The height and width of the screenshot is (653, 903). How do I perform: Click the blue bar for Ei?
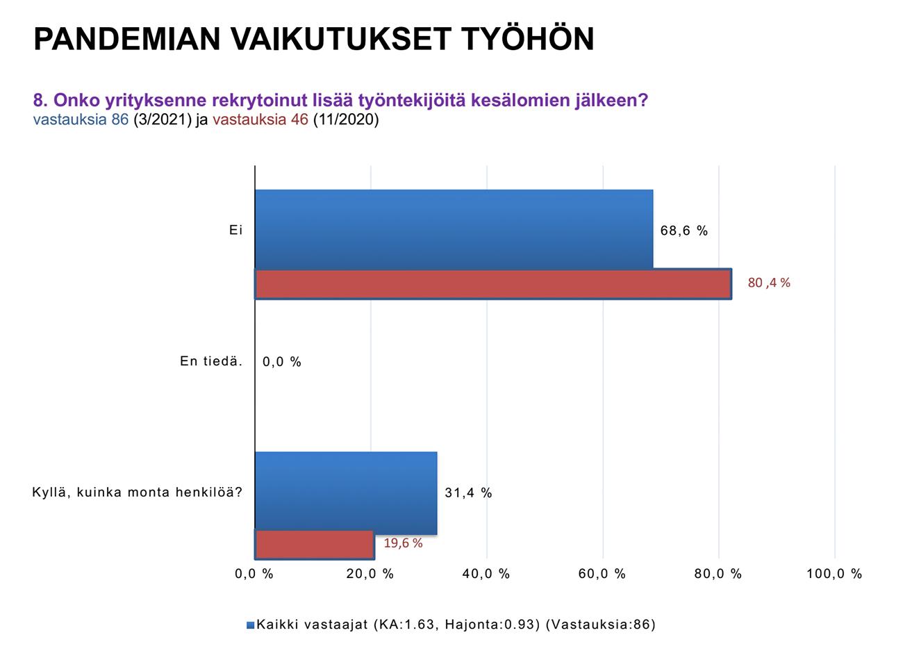pos(454,229)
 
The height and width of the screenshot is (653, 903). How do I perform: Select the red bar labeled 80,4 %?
pos(493,284)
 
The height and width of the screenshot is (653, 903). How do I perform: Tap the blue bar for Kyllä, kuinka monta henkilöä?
pos(346,493)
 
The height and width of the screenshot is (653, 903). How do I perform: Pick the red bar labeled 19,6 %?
pos(315,545)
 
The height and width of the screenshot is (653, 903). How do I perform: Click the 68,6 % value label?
pos(684,231)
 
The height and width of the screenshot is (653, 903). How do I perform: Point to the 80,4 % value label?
pos(769,283)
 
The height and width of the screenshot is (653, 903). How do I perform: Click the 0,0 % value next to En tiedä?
pos(282,362)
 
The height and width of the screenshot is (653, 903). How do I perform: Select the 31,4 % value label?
pos(468,493)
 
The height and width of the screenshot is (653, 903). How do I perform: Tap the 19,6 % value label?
pos(403,543)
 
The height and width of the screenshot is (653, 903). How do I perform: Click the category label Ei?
pos(236,230)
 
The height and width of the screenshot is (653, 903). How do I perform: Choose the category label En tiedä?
pos(211,361)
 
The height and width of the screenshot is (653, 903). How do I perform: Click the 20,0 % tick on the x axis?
pos(370,574)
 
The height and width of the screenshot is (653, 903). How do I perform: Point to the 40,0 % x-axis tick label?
pos(486,574)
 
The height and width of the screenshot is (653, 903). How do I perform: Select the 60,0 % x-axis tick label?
pos(602,574)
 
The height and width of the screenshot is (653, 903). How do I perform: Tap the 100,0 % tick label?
pos(834,574)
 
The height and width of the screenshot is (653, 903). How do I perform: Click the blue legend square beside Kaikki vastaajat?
pos(250,625)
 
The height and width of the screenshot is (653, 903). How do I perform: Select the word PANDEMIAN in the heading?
pos(127,40)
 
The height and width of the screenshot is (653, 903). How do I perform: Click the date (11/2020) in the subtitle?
pos(346,119)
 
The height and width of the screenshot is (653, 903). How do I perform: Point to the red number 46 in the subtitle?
pos(299,119)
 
